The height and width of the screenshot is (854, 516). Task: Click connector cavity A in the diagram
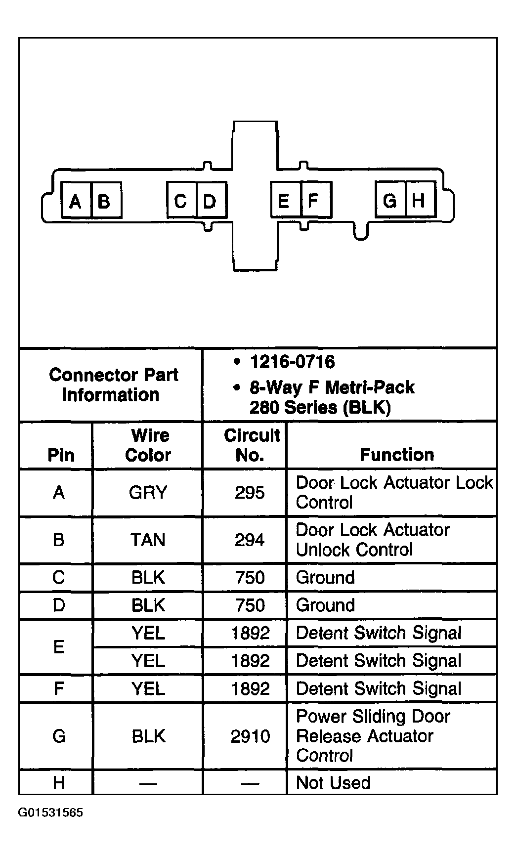click(76, 201)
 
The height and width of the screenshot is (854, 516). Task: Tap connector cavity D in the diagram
click(211, 201)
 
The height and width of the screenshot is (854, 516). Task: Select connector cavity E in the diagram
click(285, 200)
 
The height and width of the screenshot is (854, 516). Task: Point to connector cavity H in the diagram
click(420, 200)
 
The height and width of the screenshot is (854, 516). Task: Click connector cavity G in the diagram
click(390, 200)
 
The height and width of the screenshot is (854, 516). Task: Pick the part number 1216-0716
click(292, 362)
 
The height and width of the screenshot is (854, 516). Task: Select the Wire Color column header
click(148, 445)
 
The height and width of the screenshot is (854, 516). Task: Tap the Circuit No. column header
click(251, 445)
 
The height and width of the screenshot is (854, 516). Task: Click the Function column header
click(396, 455)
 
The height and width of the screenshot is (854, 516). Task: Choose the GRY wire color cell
click(148, 493)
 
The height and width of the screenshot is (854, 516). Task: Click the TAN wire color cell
click(148, 540)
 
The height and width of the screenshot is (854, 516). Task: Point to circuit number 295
click(250, 493)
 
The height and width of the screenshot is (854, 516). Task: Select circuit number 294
click(250, 540)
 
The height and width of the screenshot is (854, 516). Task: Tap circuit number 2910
click(250, 736)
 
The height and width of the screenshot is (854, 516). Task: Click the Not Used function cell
click(333, 783)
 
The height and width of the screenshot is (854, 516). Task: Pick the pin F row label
click(58, 688)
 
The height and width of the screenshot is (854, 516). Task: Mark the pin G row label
click(58, 736)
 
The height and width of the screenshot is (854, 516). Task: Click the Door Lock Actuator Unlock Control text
click(373, 540)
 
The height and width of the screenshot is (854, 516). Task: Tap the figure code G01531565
click(50, 813)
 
